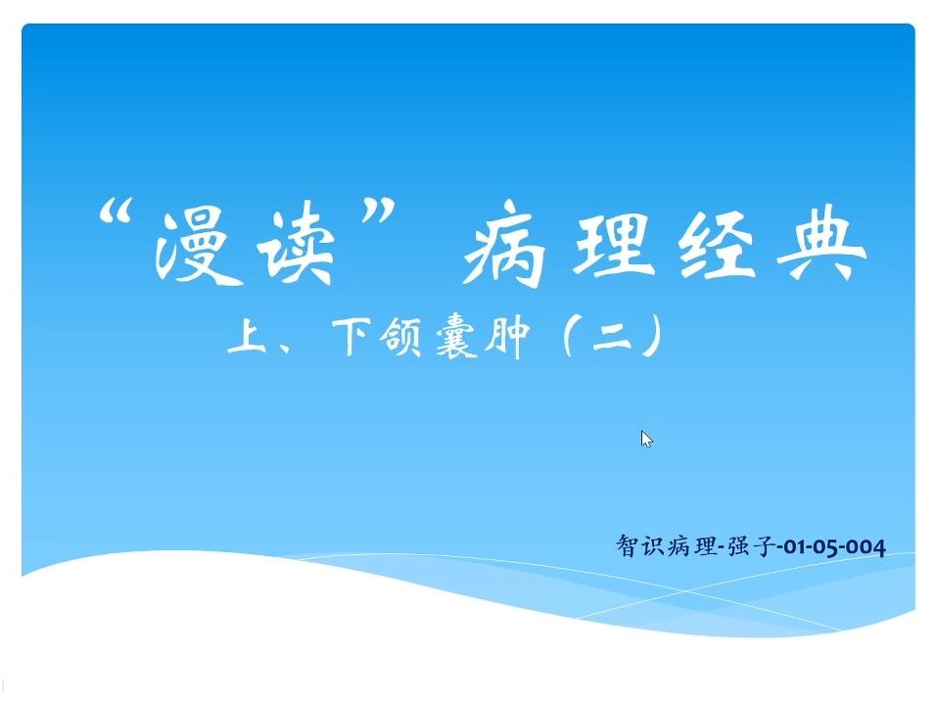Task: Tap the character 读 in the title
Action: point(296,244)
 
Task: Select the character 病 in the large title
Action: point(505,244)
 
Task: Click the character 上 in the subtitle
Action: point(246,336)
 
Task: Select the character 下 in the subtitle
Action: point(351,336)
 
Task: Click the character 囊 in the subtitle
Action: point(456,337)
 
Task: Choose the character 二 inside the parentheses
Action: point(612,338)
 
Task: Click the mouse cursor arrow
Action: point(647,439)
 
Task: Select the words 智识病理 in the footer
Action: point(667,546)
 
